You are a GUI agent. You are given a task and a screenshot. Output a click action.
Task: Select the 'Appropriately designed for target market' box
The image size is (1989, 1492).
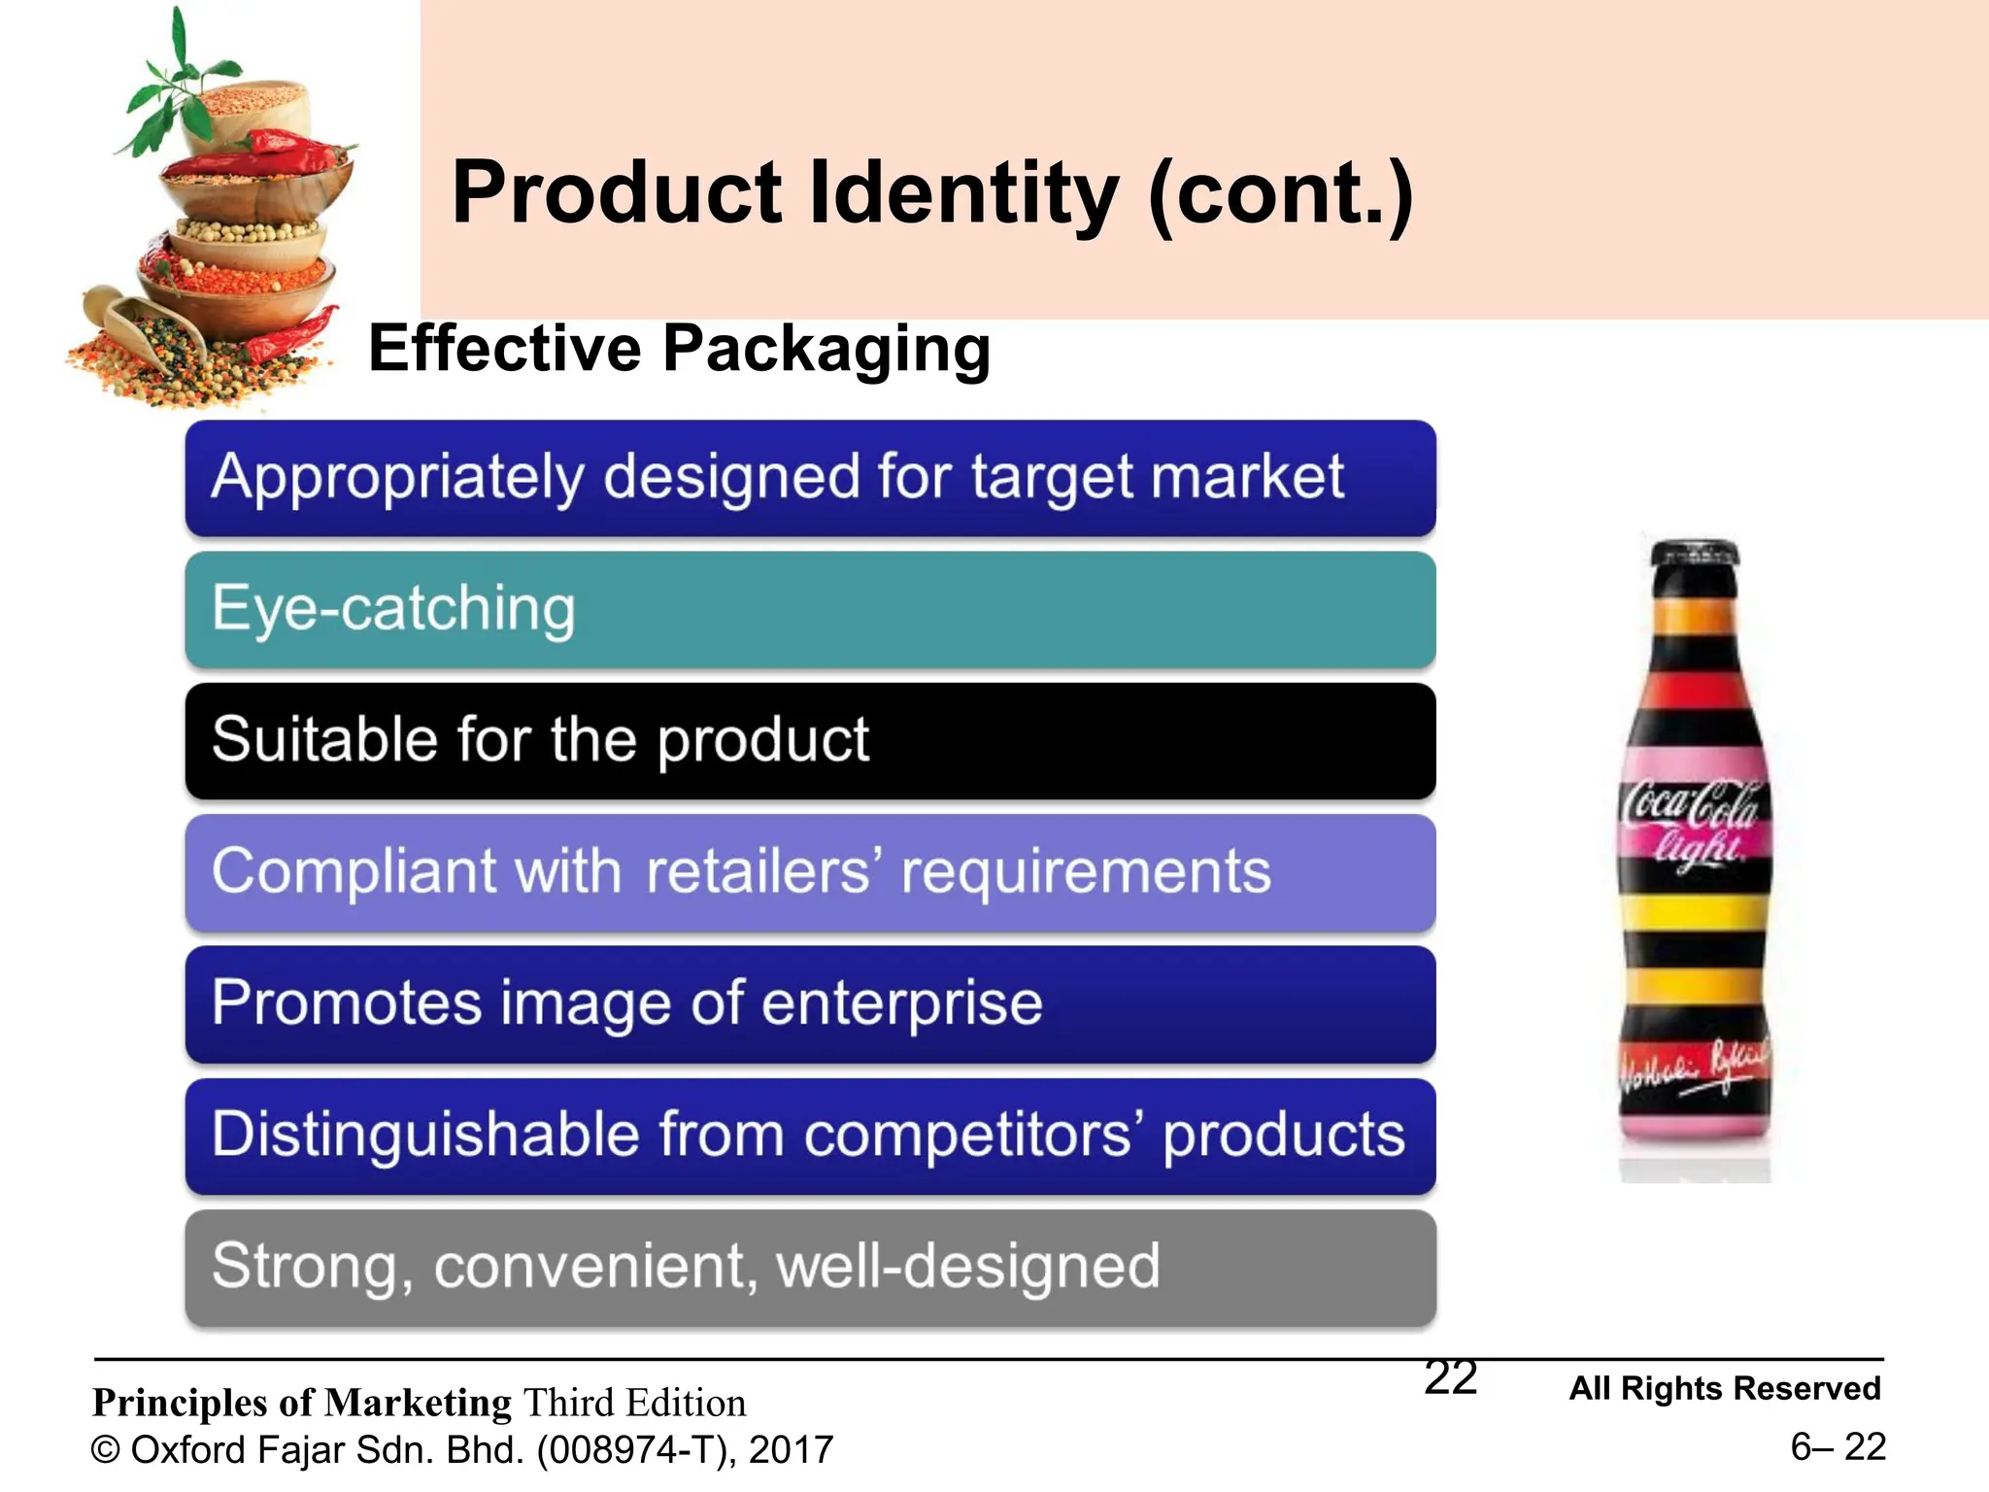(810, 478)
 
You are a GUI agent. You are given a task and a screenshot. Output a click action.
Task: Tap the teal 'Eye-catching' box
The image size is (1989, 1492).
(810, 609)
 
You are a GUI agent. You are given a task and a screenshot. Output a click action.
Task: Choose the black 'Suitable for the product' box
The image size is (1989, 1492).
(810, 740)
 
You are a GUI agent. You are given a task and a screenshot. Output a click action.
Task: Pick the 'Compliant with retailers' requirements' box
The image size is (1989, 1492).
(810, 871)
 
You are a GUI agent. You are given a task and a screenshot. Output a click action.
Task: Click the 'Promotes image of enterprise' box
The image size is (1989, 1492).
(810, 1003)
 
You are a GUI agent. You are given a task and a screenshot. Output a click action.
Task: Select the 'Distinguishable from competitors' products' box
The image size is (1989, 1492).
(810, 1135)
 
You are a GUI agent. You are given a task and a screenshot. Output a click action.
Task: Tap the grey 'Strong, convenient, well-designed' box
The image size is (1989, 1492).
(810, 1267)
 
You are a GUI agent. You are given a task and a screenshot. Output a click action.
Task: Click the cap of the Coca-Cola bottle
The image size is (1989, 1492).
(1695, 554)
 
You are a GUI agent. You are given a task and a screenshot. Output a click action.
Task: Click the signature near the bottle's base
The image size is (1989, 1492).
(1695, 1073)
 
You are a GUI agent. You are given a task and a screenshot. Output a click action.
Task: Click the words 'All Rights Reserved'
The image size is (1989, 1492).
(1725, 1388)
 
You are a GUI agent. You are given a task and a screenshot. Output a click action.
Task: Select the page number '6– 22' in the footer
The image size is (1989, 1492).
(1837, 1447)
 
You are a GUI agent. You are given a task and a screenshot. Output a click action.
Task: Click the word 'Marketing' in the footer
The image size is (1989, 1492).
(418, 1403)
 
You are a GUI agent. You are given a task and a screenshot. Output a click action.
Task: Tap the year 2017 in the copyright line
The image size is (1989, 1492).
(791, 1450)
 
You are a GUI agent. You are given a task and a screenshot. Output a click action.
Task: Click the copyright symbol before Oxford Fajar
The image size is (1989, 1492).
(105, 1450)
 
